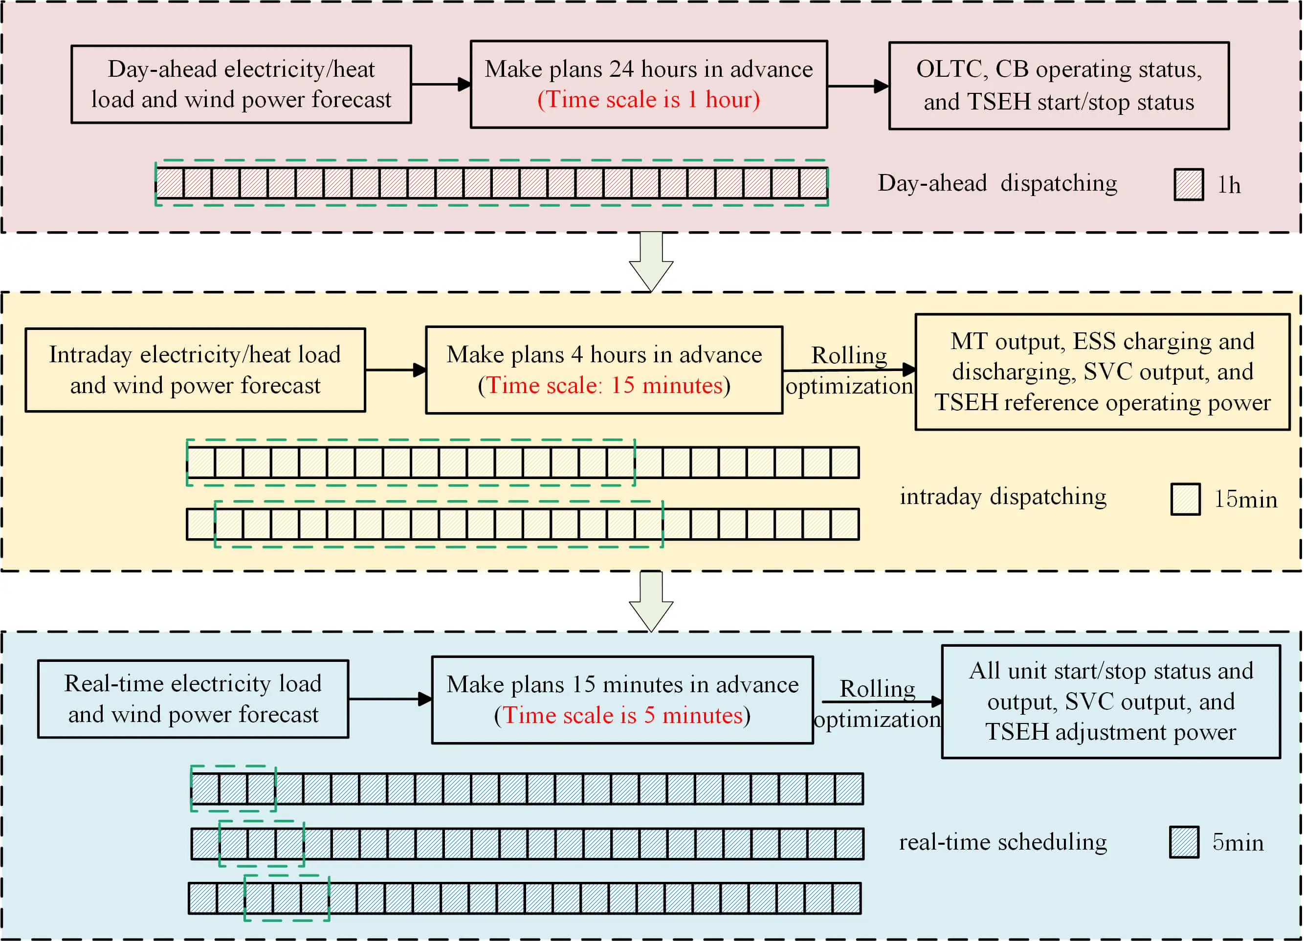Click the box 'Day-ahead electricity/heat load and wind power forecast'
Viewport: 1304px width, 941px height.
coord(241,85)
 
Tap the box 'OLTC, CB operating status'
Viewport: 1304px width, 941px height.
coord(1059,86)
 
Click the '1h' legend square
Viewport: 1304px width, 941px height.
coord(1189,184)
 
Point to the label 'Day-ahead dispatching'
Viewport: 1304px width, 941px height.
coord(997,183)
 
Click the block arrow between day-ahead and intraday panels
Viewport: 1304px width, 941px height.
coord(651,262)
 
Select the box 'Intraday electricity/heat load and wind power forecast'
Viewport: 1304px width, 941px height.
coord(195,370)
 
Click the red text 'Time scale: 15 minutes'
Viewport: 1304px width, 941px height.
coord(604,386)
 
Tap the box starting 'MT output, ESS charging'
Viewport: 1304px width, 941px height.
coord(1102,372)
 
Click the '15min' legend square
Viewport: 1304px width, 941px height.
coord(1185,499)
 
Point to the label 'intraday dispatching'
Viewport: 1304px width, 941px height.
coord(1003,497)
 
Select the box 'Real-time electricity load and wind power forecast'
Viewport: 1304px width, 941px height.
coord(193,699)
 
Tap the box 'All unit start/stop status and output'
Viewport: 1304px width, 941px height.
coord(1110,701)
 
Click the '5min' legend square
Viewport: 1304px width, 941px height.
coord(1184,842)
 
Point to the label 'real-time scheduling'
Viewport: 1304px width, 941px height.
coord(1003,842)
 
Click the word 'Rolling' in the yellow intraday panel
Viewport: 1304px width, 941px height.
coord(849,355)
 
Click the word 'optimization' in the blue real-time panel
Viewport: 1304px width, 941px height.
coord(877,720)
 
